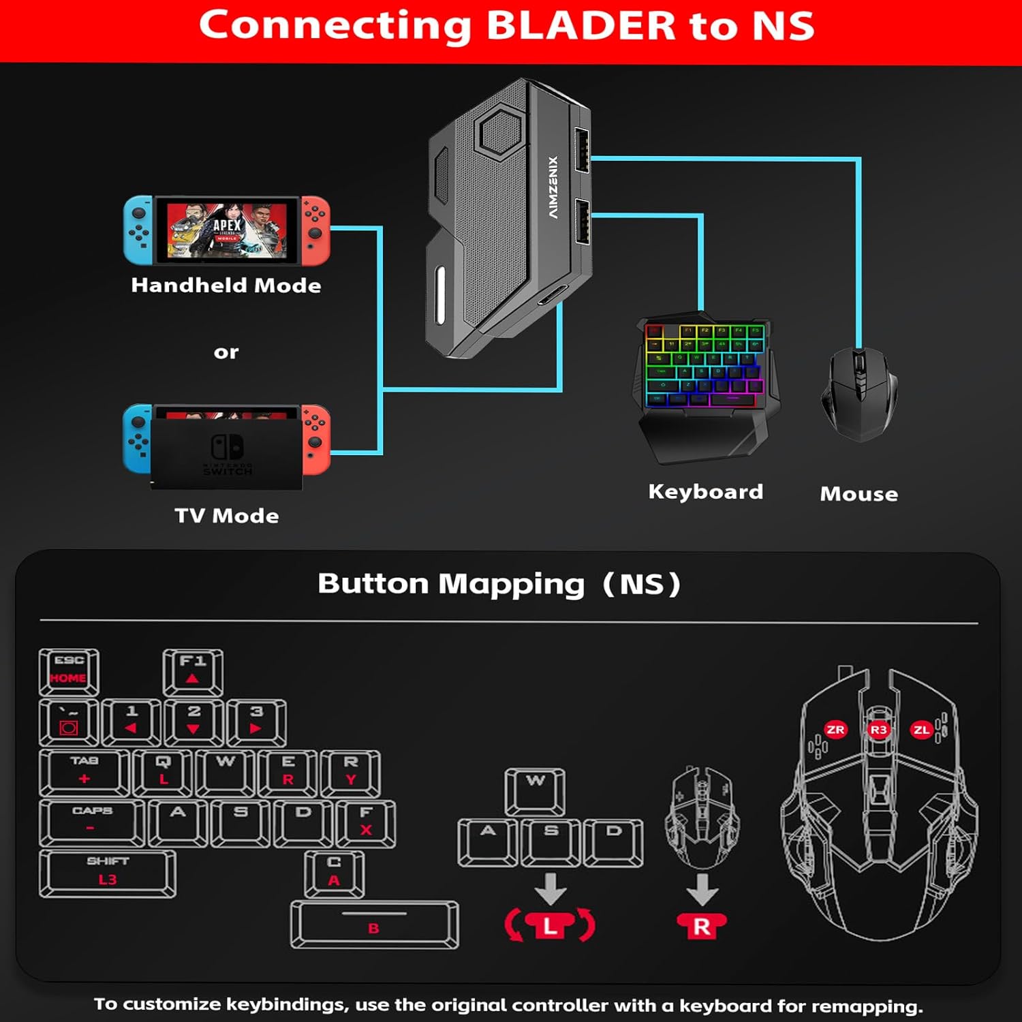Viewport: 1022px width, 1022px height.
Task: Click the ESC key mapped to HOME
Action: [x=69, y=671]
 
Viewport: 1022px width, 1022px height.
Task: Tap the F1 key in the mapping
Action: [x=193, y=671]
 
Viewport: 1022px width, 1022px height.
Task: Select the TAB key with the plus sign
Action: [x=84, y=773]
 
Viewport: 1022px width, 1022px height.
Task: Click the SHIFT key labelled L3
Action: [x=107, y=873]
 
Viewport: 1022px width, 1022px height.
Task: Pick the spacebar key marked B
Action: [x=374, y=925]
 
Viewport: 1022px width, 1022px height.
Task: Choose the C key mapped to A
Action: [x=334, y=873]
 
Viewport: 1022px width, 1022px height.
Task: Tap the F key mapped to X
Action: [x=366, y=823]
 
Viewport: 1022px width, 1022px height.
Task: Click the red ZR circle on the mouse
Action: [x=835, y=730]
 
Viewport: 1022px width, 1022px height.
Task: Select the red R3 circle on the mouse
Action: [x=879, y=730]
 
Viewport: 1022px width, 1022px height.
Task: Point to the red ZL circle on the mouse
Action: [x=921, y=730]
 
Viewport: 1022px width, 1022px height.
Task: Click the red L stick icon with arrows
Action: [x=550, y=925]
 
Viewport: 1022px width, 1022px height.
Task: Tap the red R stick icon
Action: [x=702, y=925]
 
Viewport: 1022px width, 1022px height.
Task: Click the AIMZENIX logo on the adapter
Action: [x=553, y=187]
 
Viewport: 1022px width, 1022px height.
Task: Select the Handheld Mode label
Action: [x=226, y=285]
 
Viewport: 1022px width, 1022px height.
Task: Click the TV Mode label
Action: [x=227, y=516]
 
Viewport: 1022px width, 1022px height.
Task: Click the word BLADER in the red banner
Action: [x=580, y=25]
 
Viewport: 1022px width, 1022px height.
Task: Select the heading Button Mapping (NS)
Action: [x=499, y=584]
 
